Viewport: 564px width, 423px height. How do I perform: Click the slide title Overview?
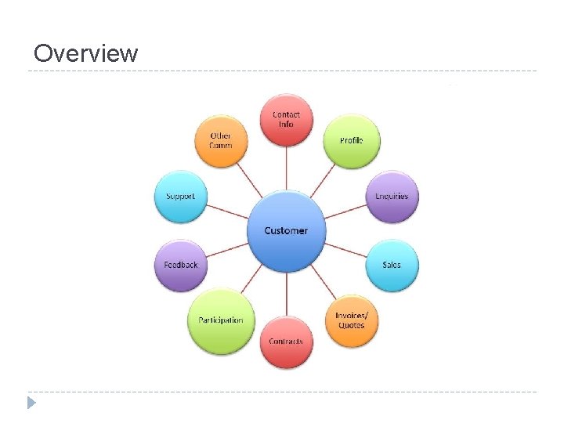pos(86,53)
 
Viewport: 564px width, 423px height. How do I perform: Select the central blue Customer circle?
pos(286,230)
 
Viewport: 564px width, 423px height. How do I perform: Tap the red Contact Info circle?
pos(286,119)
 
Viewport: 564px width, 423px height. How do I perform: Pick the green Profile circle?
pos(351,141)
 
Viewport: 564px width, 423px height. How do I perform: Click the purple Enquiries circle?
pos(392,196)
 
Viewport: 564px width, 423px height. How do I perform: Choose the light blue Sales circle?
pos(392,265)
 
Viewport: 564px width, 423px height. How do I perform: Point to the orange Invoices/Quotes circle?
pos(351,320)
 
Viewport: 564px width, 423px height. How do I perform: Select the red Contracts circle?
pos(286,342)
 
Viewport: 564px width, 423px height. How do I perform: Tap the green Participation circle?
pos(221,320)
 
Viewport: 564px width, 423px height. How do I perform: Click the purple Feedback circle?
pos(181,265)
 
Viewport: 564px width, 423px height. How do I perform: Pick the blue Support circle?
pos(181,196)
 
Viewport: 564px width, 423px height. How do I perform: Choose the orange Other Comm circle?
pos(221,141)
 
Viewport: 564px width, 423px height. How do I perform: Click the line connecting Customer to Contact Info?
pos(286,168)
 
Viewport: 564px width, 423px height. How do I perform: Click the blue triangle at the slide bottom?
pos(31,403)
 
